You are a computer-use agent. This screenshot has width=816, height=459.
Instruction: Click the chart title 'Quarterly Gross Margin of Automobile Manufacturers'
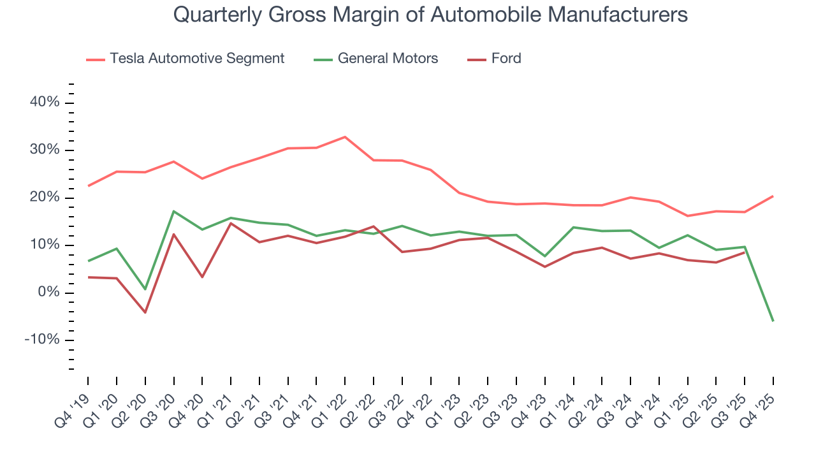click(430, 15)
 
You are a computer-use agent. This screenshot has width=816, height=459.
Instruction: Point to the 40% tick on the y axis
click(45, 103)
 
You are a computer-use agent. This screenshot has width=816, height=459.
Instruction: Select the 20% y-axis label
click(45, 198)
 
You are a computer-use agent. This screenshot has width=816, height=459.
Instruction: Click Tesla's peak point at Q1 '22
click(345, 137)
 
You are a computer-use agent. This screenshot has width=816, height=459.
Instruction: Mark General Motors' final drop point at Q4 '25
click(773, 321)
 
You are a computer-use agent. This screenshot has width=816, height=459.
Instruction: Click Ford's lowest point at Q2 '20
click(145, 312)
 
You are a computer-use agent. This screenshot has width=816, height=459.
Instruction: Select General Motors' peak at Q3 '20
click(174, 211)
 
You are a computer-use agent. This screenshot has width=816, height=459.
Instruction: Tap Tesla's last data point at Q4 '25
click(773, 196)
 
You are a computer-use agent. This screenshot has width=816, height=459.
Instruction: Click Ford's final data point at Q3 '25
click(745, 252)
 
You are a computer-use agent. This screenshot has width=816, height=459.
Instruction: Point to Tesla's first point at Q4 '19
click(88, 186)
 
